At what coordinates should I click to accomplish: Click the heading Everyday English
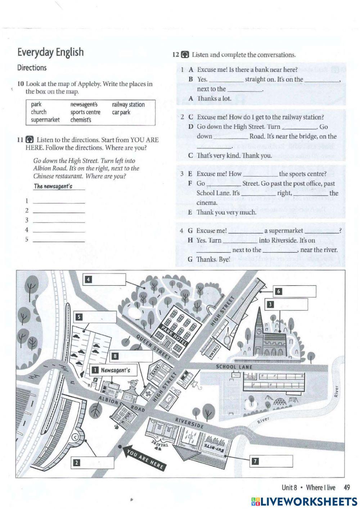50,52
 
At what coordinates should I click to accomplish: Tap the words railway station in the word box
128,104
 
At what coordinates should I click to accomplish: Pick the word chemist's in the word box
81,120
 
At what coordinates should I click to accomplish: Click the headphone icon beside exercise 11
30,140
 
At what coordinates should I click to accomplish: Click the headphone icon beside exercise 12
185,55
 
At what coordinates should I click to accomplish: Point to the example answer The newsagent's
53,186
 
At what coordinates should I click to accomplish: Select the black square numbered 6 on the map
278,291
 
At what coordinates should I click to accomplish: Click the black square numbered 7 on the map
255,461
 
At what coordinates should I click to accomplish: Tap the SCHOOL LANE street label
234,367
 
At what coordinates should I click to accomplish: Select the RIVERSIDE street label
189,423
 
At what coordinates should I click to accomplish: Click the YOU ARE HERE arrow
144,457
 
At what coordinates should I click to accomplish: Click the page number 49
347,488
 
